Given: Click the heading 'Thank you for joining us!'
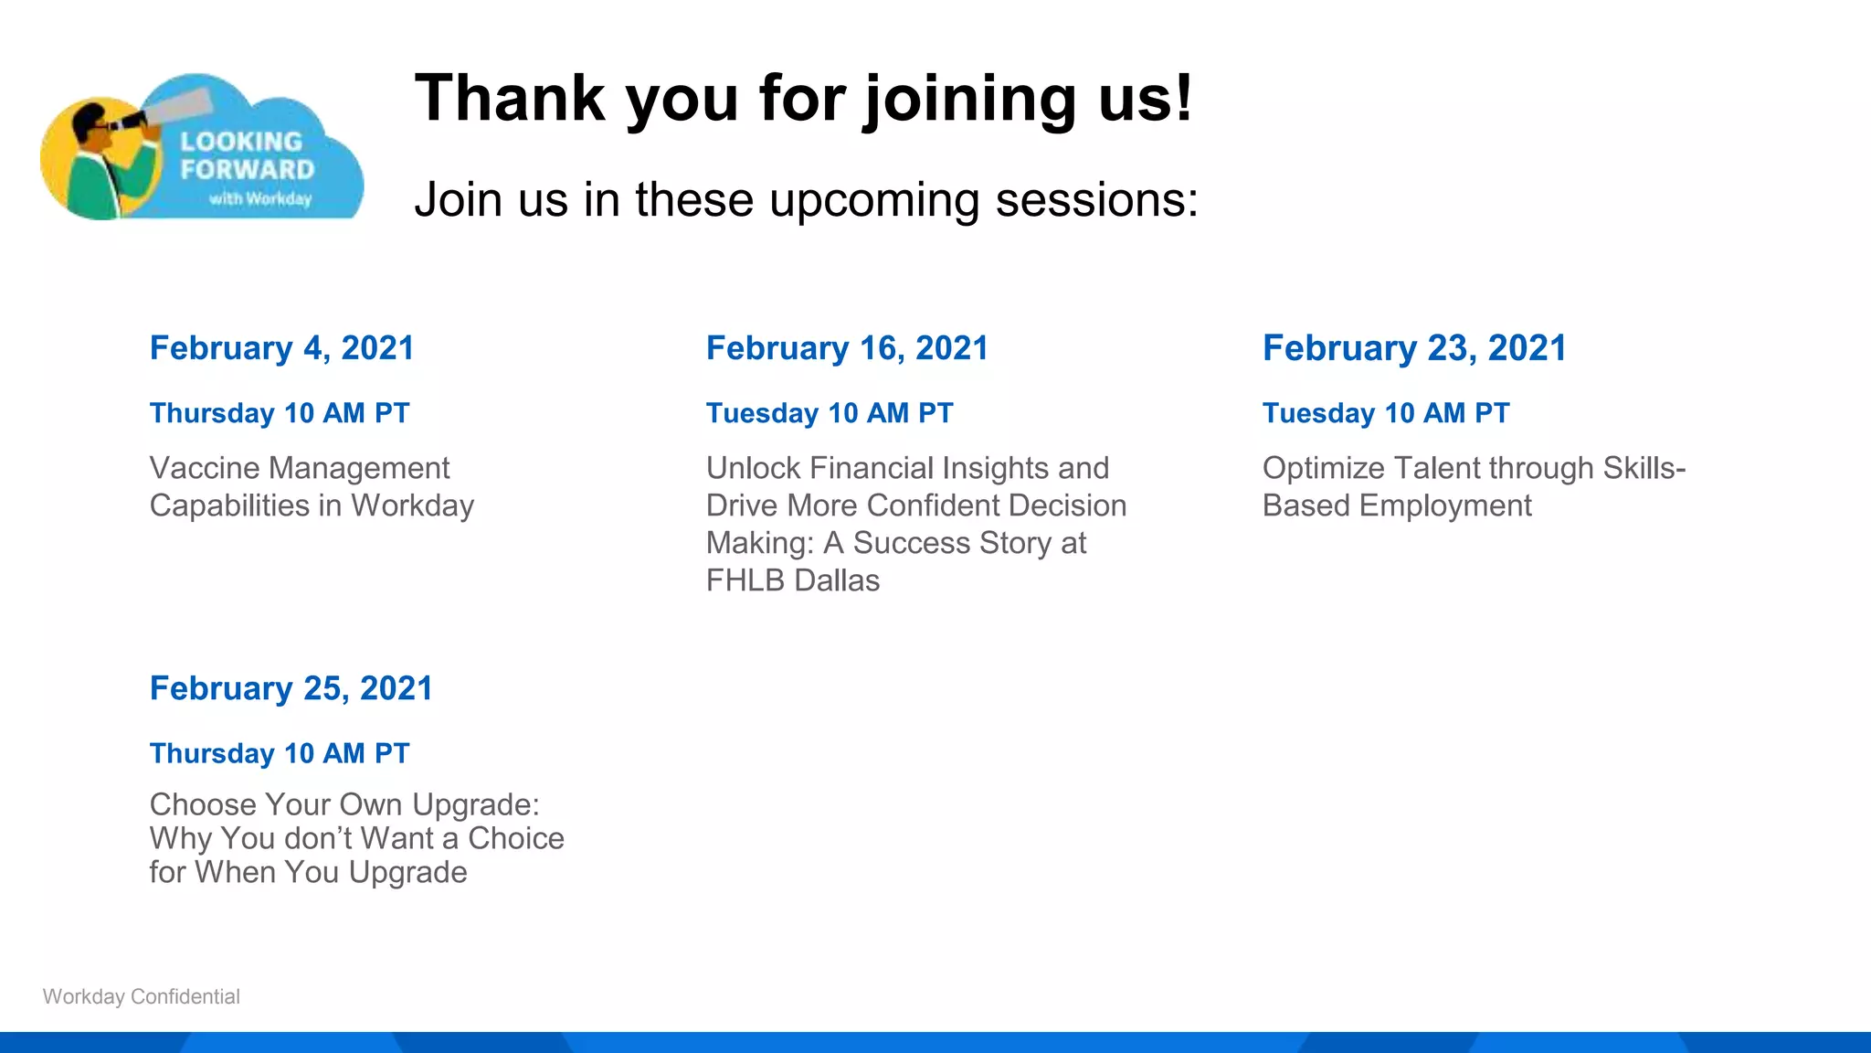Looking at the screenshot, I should [x=802, y=99].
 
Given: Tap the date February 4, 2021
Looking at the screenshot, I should [x=281, y=348].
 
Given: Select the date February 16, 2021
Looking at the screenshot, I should [x=847, y=348].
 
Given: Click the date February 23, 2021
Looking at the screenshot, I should [x=1413, y=348].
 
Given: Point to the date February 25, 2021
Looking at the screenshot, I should [x=291, y=688].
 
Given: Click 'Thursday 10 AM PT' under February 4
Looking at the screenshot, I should [x=280, y=413].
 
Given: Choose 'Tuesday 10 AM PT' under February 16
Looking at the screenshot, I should [x=829, y=413].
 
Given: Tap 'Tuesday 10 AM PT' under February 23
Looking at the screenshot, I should [x=1385, y=413].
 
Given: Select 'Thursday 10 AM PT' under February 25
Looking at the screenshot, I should [x=280, y=753].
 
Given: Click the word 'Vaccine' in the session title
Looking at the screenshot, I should [x=205, y=468].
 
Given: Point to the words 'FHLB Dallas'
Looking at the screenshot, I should [x=792, y=580].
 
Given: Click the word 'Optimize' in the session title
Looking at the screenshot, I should [x=1323, y=468].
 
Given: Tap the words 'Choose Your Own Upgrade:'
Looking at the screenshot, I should [x=344, y=804].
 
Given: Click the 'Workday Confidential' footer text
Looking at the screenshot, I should [x=142, y=996].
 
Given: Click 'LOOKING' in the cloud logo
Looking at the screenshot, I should [x=240, y=142].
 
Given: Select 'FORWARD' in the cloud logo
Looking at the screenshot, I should [x=247, y=170].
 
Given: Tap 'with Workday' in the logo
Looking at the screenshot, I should [x=259, y=198].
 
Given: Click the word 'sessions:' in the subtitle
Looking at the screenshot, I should [x=1096, y=199].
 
